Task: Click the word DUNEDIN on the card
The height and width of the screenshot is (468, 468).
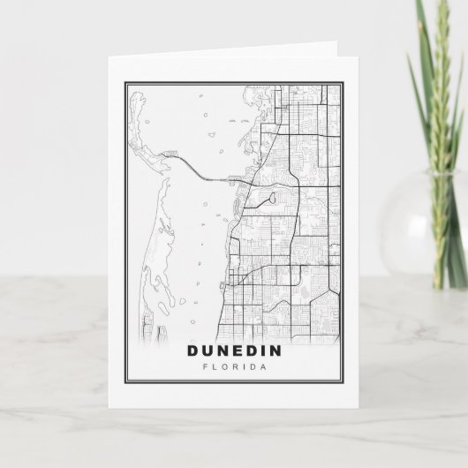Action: (x=234, y=351)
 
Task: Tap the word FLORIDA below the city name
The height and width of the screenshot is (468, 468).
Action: (x=234, y=367)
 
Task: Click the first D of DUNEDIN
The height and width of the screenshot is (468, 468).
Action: (x=194, y=351)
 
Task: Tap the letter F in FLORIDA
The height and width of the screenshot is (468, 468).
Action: (x=206, y=367)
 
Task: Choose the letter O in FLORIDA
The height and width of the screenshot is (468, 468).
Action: (x=224, y=367)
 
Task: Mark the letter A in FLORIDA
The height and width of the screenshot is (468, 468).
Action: (x=262, y=367)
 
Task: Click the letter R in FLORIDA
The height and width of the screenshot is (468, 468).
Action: (x=234, y=367)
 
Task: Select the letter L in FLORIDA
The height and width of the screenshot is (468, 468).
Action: (x=215, y=367)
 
